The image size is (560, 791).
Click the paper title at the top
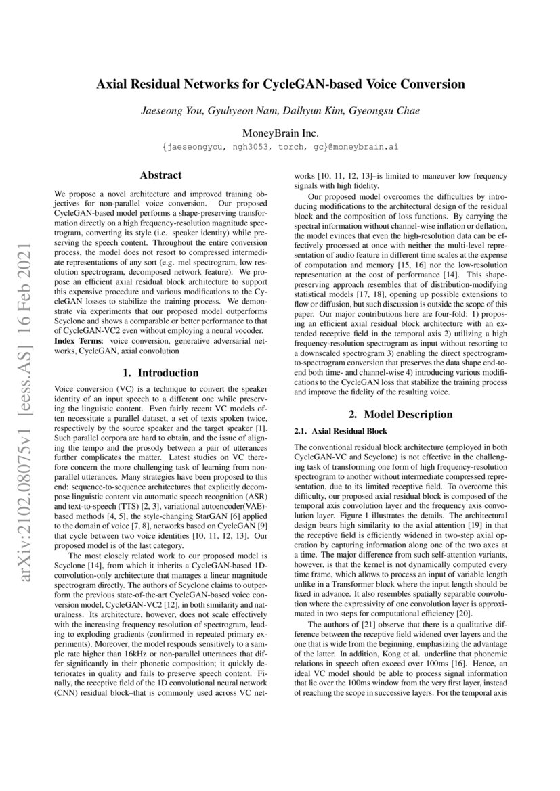[x=280, y=85]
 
